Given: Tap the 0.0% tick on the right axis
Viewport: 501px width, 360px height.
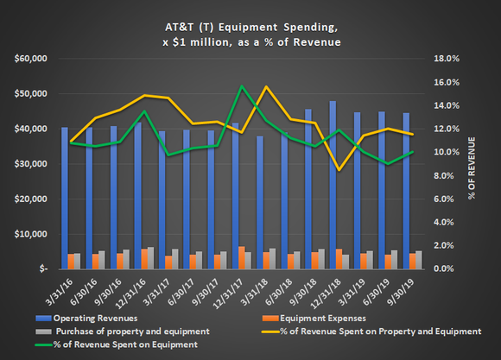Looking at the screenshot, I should (457, 268).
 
